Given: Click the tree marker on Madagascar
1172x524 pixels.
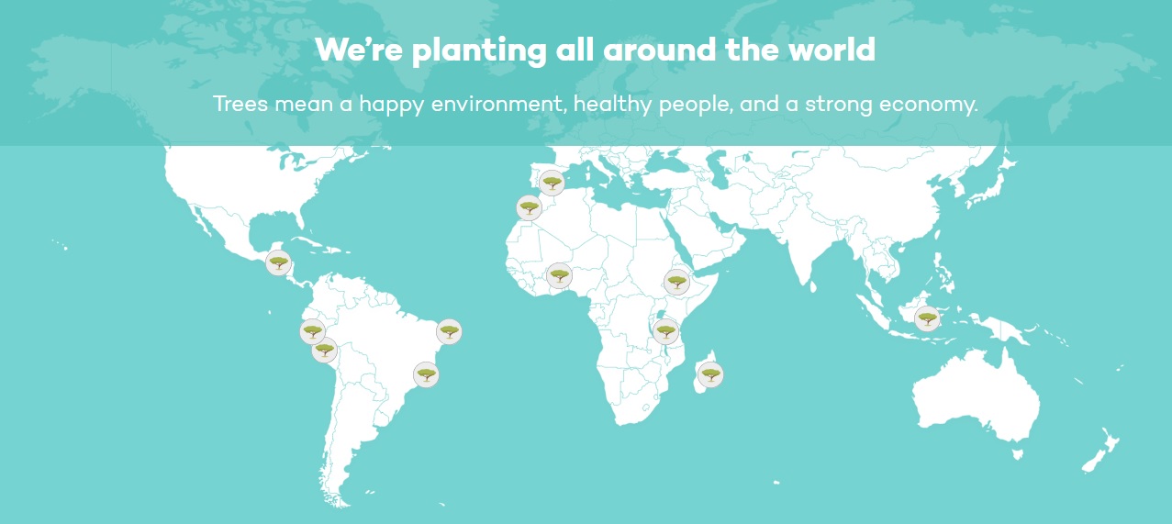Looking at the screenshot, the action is click(710, 374).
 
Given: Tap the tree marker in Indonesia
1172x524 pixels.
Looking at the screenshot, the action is click(927, 318).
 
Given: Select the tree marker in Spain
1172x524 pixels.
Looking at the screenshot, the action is click(552, 183).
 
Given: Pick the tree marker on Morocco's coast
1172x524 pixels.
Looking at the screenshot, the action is click(529, 208).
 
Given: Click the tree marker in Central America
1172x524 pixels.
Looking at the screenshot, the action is click(278, 262).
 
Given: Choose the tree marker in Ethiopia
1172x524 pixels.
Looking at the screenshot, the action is click(676, 283).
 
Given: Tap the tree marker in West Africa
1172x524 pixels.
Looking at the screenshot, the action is click(559, 275).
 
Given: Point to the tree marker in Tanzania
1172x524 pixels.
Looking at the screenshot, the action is click(665, 331).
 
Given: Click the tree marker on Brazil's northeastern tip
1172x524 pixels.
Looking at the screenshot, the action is click(449, 331).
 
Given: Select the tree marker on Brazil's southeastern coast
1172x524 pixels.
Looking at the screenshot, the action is click(426, 374).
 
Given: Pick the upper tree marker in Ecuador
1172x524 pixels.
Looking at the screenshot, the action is click(312, 331).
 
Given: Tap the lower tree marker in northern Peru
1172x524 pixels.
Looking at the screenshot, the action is click(324, 350).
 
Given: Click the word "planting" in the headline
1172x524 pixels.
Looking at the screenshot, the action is click(479, 50).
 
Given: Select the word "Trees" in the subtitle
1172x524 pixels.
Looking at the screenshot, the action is click(240, 104).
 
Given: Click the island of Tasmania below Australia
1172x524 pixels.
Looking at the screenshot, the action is click(1018, 454).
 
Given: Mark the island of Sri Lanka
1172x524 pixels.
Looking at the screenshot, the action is click(813, 286).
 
